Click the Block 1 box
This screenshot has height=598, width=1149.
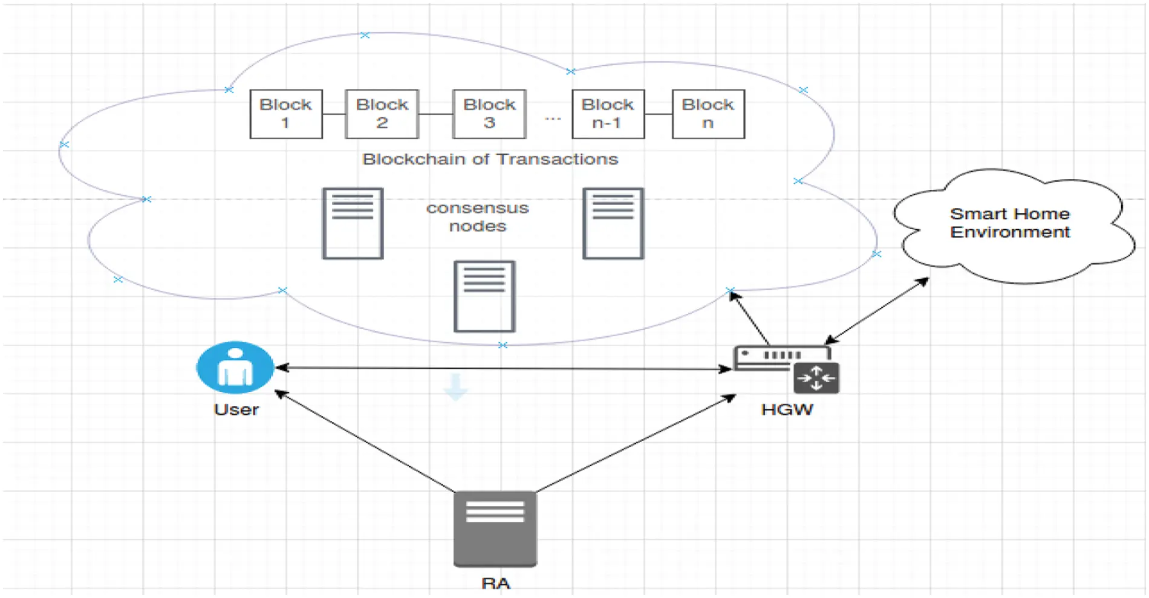[x=286, y=114]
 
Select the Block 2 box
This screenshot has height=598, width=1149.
[x=382, y=114]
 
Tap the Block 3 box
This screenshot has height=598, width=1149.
[x=489, y=114]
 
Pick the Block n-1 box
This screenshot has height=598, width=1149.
[x=608, y=114]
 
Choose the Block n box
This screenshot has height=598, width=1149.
[x=708, y=114]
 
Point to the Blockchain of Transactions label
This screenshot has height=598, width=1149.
[x=490, y=159]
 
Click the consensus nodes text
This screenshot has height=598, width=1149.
[x=477, y=217]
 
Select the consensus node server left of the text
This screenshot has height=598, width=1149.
[x=353, y=223]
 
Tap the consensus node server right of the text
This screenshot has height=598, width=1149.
[x=613, y=223]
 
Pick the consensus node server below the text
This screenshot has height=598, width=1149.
[x=484, y=296]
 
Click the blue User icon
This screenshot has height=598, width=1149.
[x=235, y=367]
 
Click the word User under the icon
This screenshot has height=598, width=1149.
[x=236, y=409]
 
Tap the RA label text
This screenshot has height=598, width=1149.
[x=495, y=583]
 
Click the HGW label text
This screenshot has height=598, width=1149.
[x=787, y=409]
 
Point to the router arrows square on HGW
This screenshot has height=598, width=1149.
[x=816, y=379]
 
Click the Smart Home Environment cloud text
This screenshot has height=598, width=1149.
[x=1009, y=223]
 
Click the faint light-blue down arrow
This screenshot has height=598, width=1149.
[x=455, y=386]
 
